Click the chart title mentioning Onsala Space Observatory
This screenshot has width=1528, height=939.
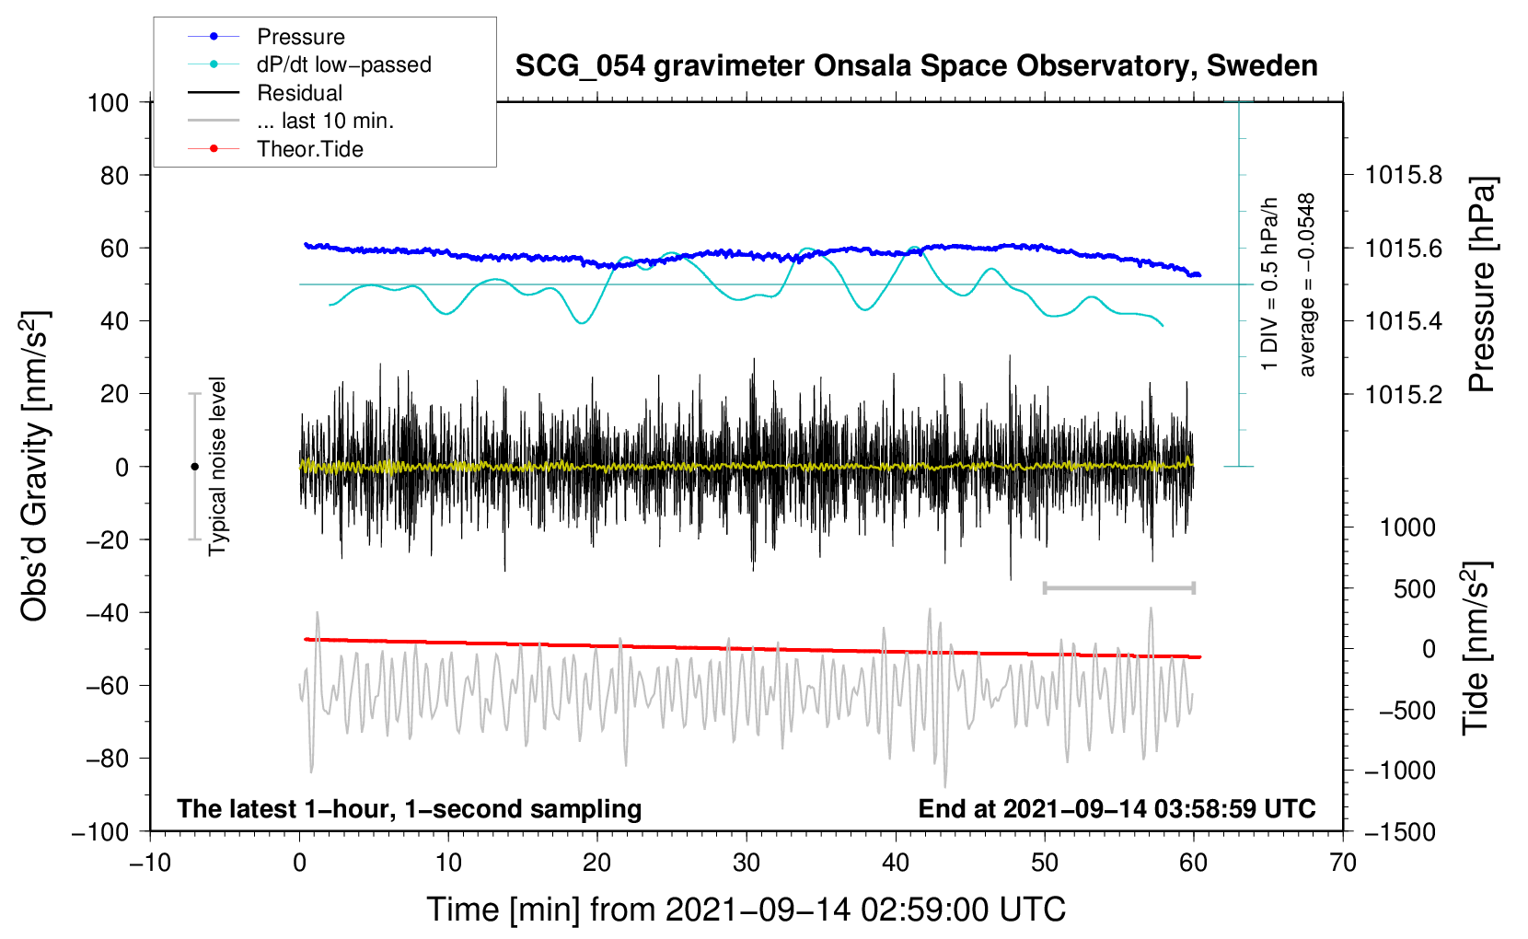point(916,66)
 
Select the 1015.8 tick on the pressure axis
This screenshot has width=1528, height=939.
point(1403,175)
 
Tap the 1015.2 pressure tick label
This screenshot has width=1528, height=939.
point(1403,394)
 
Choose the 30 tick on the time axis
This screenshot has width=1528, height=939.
point(747,863)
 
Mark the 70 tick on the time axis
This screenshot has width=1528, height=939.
point(1343,863)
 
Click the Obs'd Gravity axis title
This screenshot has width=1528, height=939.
point(35,466)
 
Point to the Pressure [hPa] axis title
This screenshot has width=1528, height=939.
point(1481,284)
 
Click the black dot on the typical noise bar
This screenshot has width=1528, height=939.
point(194,467)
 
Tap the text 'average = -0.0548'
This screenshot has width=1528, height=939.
point(1307,284)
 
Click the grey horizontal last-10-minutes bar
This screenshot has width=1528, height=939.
point(1118,587)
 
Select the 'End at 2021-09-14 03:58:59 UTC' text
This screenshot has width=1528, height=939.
point(1117,808)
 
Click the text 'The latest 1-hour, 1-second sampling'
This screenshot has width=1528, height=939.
point(409,808)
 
